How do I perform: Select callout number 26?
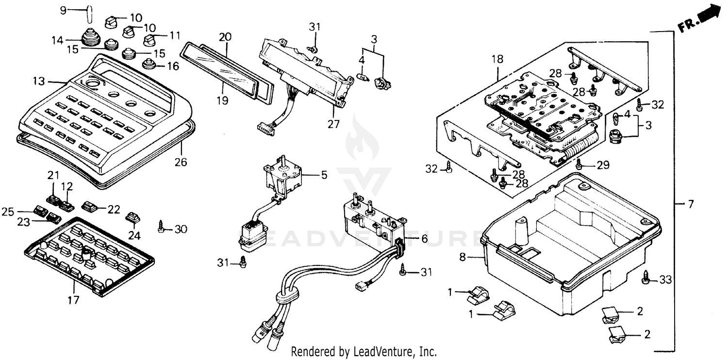coord(181,162)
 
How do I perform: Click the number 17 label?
coord(73,300)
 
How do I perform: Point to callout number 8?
coord(463,257)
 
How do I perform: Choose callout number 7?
coord(691,204)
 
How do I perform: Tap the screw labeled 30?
coord(161,226)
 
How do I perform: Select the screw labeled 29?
coord(579,165)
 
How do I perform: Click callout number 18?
coord(498,60)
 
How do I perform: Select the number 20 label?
coord(225,37)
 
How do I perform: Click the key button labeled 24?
coord(132,217)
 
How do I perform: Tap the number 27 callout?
coord(333,124)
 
